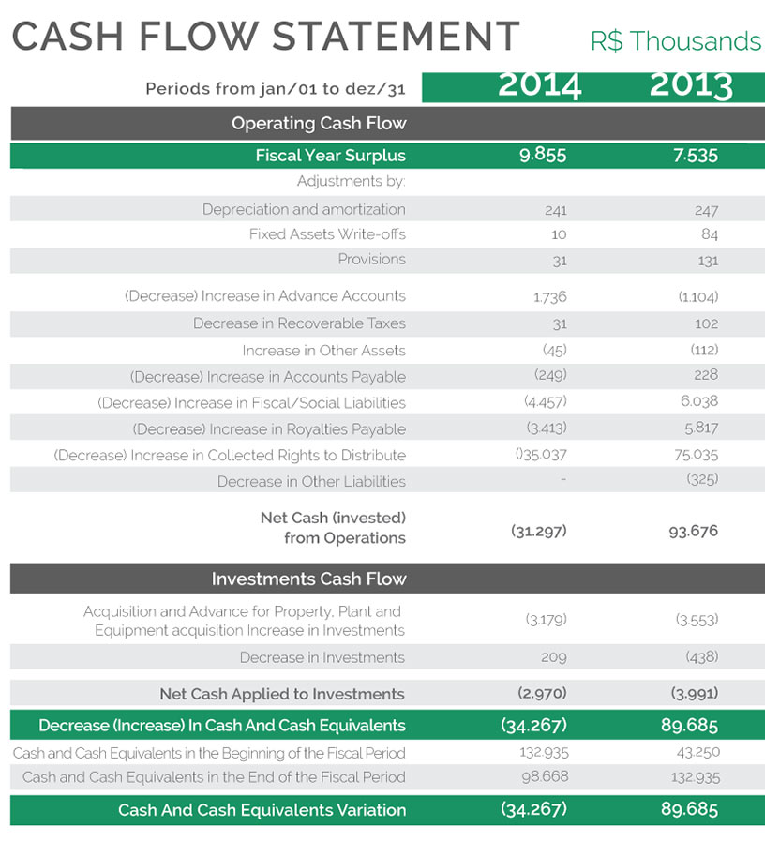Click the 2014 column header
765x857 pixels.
pyautogui.click(x=539, y=85)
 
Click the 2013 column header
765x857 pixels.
pyautogui.click(x=691, y=85)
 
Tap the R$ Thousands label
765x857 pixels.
pyautogui.click(x=676, y=41)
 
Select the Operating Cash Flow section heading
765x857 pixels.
pyautogui.click(x=319, y=123)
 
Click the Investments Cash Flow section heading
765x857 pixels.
pyautogui.click(x=309, y=579)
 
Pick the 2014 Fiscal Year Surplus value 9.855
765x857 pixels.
pyautogui.click(x=543, y=155)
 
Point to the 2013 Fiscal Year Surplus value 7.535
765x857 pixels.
pyautogui.click(x=695, y=156)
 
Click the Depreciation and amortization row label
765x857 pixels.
pyautogui.click(x=304, y=209)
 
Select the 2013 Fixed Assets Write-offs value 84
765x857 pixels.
pyautogui.click(x=710, y=234)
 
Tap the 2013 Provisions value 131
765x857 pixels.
pyautogui.click(x=708, y=261)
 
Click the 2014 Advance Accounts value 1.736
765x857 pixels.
pyautogui.click(x=549, y=297)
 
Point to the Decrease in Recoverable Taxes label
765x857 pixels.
pyautogui.click(x=299, y=323)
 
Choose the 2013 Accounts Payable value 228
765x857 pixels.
pyautogui.click(x=705, y=374)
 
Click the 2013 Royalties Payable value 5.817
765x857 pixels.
pyautogui.click(x=701, y=428)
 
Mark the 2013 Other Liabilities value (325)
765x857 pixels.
pyautogui.click(x=702, y=479)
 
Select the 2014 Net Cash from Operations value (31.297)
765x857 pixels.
pyautogui.click(x=539, y=531)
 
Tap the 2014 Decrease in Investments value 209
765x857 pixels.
pyautogui.click(x=553, y=657)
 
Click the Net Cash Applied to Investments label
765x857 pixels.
pyautogui.click(x=282, y=694)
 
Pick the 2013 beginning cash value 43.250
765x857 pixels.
pyautogui.click(x=697, y=753)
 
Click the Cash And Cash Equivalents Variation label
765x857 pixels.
pyautogui.click(x=262, y=809)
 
